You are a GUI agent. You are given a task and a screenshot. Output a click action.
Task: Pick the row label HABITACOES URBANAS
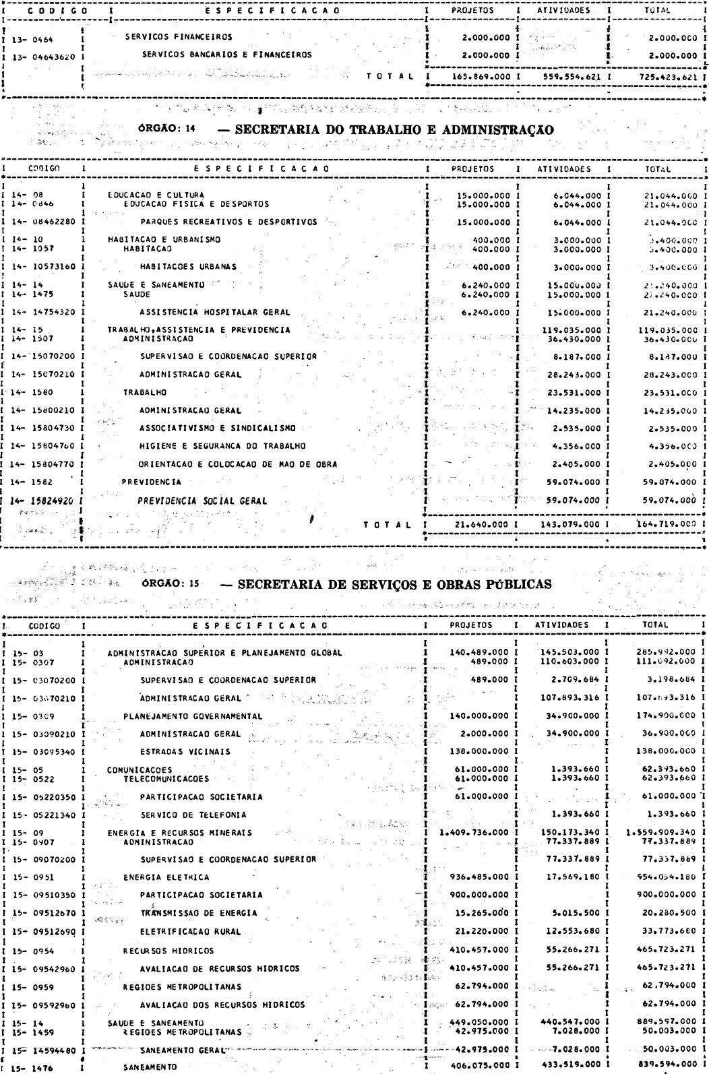tap(188, 267)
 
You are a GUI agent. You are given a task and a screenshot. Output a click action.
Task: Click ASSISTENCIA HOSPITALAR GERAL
tap(215, 312)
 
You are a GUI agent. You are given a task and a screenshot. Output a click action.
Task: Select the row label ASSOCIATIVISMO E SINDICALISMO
tap(216, 428)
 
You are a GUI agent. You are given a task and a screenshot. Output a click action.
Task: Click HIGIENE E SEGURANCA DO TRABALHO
tap(223, 446)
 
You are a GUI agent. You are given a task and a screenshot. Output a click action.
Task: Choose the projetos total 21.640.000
tap(480, 524)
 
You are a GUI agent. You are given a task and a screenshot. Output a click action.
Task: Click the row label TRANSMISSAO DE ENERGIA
tap(198, 914)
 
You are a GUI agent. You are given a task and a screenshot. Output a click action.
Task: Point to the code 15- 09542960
tap(42, 969)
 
